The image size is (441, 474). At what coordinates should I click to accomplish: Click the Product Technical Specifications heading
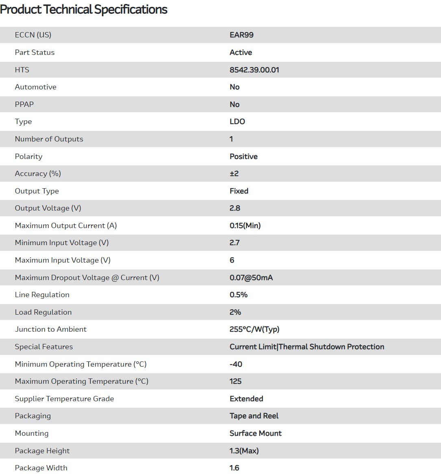coord(84,9)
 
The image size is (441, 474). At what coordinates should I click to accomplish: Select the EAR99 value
coord(241,35)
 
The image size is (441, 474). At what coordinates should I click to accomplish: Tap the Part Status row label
coord(35,52)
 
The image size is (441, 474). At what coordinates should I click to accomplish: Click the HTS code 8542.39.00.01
coord(254,70)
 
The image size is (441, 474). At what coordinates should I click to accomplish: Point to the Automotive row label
coord(35,87)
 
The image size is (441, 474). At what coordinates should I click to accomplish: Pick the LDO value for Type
coord(237,122)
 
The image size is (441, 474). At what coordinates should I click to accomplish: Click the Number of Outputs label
coord(49,139)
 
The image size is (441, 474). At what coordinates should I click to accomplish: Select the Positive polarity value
coord(243,157)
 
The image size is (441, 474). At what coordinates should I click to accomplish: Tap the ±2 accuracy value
coord(234,174)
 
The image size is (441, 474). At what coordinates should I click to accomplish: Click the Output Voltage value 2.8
coord(235,208)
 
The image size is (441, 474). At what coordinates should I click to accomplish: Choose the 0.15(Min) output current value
coord(245,226)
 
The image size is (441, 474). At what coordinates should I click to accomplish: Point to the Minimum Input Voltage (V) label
coord(62,243)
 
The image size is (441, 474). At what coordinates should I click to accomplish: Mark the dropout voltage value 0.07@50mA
coord(251,278)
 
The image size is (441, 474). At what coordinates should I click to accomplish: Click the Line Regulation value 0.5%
coord(239,295)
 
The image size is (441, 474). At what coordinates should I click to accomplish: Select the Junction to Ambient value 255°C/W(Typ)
coord(254,329)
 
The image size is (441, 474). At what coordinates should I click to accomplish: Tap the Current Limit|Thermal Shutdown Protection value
coord(307,347)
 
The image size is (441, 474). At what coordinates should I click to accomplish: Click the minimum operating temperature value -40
coord(236,364)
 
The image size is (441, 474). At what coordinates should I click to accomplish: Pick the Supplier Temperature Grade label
coord(64,399)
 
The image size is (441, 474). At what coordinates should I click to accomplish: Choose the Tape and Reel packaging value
coord(254,416)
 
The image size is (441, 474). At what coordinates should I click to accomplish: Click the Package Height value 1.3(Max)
coord(244,451)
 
